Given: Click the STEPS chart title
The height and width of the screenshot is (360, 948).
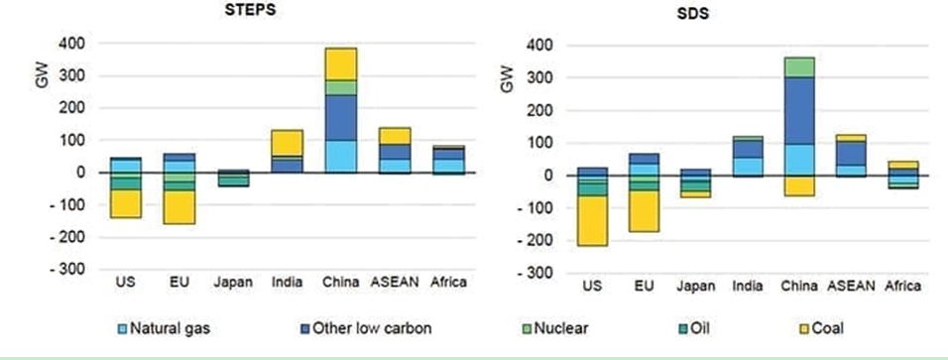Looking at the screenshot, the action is (250, 11).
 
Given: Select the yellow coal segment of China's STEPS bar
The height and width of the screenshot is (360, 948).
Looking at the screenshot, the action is (341, 64).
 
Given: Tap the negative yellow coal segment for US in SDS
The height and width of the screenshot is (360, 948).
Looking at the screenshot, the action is (592, 221).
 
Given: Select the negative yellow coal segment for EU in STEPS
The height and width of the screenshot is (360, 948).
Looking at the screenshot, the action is (179, 207).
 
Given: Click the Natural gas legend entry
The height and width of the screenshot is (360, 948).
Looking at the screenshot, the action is (164, 328).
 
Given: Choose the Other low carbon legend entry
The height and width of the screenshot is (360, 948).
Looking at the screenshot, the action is (365, 328).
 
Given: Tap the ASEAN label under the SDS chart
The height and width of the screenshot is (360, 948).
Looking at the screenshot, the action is (851, 286).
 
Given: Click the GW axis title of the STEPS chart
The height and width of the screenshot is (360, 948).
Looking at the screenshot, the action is (43, 76).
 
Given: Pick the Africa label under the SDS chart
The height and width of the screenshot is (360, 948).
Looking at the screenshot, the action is (902, 286).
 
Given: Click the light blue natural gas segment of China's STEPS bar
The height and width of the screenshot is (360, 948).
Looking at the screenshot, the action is (341, 157).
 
